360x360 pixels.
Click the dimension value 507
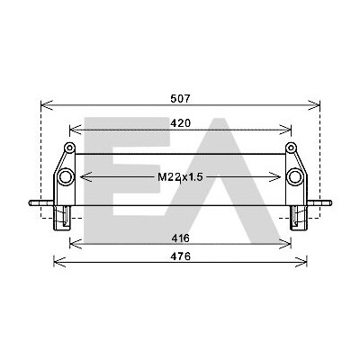[180, 98]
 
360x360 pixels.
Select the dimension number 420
[180, 123]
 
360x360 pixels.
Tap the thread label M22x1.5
[180, 177]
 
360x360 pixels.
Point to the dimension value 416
[181, 238]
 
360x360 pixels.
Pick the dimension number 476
[181, 256]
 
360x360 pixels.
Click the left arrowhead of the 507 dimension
[47, 105]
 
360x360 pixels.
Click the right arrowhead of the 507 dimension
[314, 105]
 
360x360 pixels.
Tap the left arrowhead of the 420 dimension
[76, 130]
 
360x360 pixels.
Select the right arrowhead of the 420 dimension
[285, 130]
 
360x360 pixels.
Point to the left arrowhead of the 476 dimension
[59, 262]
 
